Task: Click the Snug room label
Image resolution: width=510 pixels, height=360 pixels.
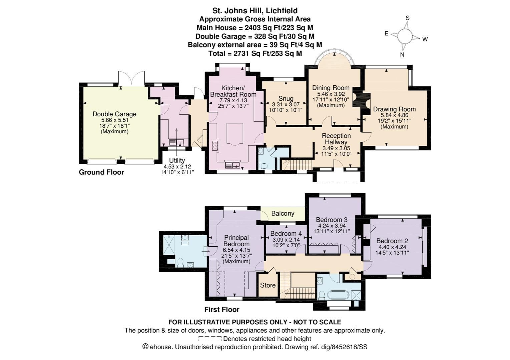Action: click(x=286, y=98)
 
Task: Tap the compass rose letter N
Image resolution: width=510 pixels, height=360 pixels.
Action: click(x=402, y=55)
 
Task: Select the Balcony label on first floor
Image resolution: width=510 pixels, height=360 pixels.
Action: click(x=283, y=213)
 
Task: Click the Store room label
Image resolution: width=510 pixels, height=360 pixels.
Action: click(x=268, y=285)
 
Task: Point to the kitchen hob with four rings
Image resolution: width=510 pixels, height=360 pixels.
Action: click(x=215, y=146)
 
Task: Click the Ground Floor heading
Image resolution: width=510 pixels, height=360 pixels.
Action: click(x=101, y=172)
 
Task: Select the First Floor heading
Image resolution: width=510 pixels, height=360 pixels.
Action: click(x=222, y=310)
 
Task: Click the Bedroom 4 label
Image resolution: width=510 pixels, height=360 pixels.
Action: click(x=286, y=233)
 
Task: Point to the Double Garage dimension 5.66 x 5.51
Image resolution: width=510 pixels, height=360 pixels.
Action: click(x=114, y=120)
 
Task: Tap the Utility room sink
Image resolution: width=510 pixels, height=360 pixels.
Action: click(x=176, y=143)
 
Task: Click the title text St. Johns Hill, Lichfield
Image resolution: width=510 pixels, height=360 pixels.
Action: click(x=255, y=11)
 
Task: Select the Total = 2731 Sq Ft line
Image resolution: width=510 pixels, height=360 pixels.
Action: click(x=255, y=53)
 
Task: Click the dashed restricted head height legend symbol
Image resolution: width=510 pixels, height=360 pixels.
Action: click(x=210, y=339)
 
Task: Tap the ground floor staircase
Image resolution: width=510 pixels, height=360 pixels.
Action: click(x=297, y=164)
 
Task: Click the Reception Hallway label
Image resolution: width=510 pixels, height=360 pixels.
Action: click(x=336, y=139)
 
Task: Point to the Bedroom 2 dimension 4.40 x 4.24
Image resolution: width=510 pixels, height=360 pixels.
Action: click(x=392, y=247)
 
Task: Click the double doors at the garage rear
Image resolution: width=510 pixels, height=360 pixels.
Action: click(x=131, y=78)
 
